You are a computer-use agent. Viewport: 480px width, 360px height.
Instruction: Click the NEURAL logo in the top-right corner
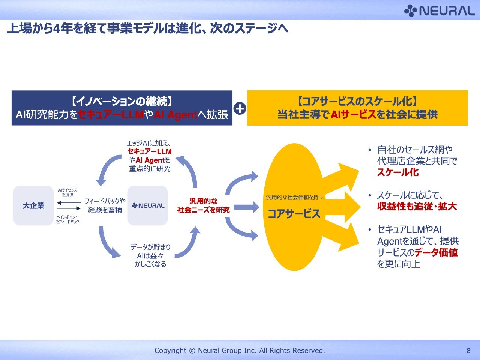click(x=439, y=11)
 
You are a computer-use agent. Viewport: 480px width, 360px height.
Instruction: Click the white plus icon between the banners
click(x=240, y=109)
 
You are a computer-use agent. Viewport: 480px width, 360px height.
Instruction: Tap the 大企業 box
click(x=33, y=205)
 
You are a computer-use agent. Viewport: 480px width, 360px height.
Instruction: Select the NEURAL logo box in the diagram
click(x=148, y=205)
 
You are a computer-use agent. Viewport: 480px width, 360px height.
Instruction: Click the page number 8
click(x=468, y=351)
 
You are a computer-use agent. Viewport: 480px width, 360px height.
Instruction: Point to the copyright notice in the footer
click(x=240, y=351)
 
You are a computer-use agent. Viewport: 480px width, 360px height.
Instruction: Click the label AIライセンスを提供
click(x=68, y=192)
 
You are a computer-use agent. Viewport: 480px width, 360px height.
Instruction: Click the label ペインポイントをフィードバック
click(x=67, y=219)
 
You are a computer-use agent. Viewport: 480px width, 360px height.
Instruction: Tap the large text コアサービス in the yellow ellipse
click(x=294, y=213)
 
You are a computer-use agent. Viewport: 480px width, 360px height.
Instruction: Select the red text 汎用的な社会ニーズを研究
click(x=203, y=205)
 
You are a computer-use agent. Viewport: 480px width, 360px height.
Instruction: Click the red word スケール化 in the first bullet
click(x=398, y=172)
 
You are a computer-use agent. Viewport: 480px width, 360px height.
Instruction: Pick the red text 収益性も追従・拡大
click(x=417, y=206)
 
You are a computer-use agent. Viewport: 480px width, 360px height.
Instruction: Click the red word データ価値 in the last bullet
click(x=436, y=252)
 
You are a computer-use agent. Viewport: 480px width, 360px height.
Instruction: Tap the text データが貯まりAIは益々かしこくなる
click(x=150, y=255)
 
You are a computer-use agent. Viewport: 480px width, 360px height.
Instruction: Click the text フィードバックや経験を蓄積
click(x=105, y=205)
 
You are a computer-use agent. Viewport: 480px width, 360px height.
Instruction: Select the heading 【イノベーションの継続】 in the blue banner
click(x=122, y=101)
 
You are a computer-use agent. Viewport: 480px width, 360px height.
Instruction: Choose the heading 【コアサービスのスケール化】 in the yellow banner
click(x=357, y=101)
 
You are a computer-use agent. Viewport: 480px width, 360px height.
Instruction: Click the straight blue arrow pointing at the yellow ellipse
click(x=246, y=207)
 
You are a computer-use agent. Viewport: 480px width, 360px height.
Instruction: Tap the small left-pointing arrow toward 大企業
click(x=69, y=203)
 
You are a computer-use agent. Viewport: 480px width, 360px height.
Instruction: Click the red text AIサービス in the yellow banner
click(x=353, y=114)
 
